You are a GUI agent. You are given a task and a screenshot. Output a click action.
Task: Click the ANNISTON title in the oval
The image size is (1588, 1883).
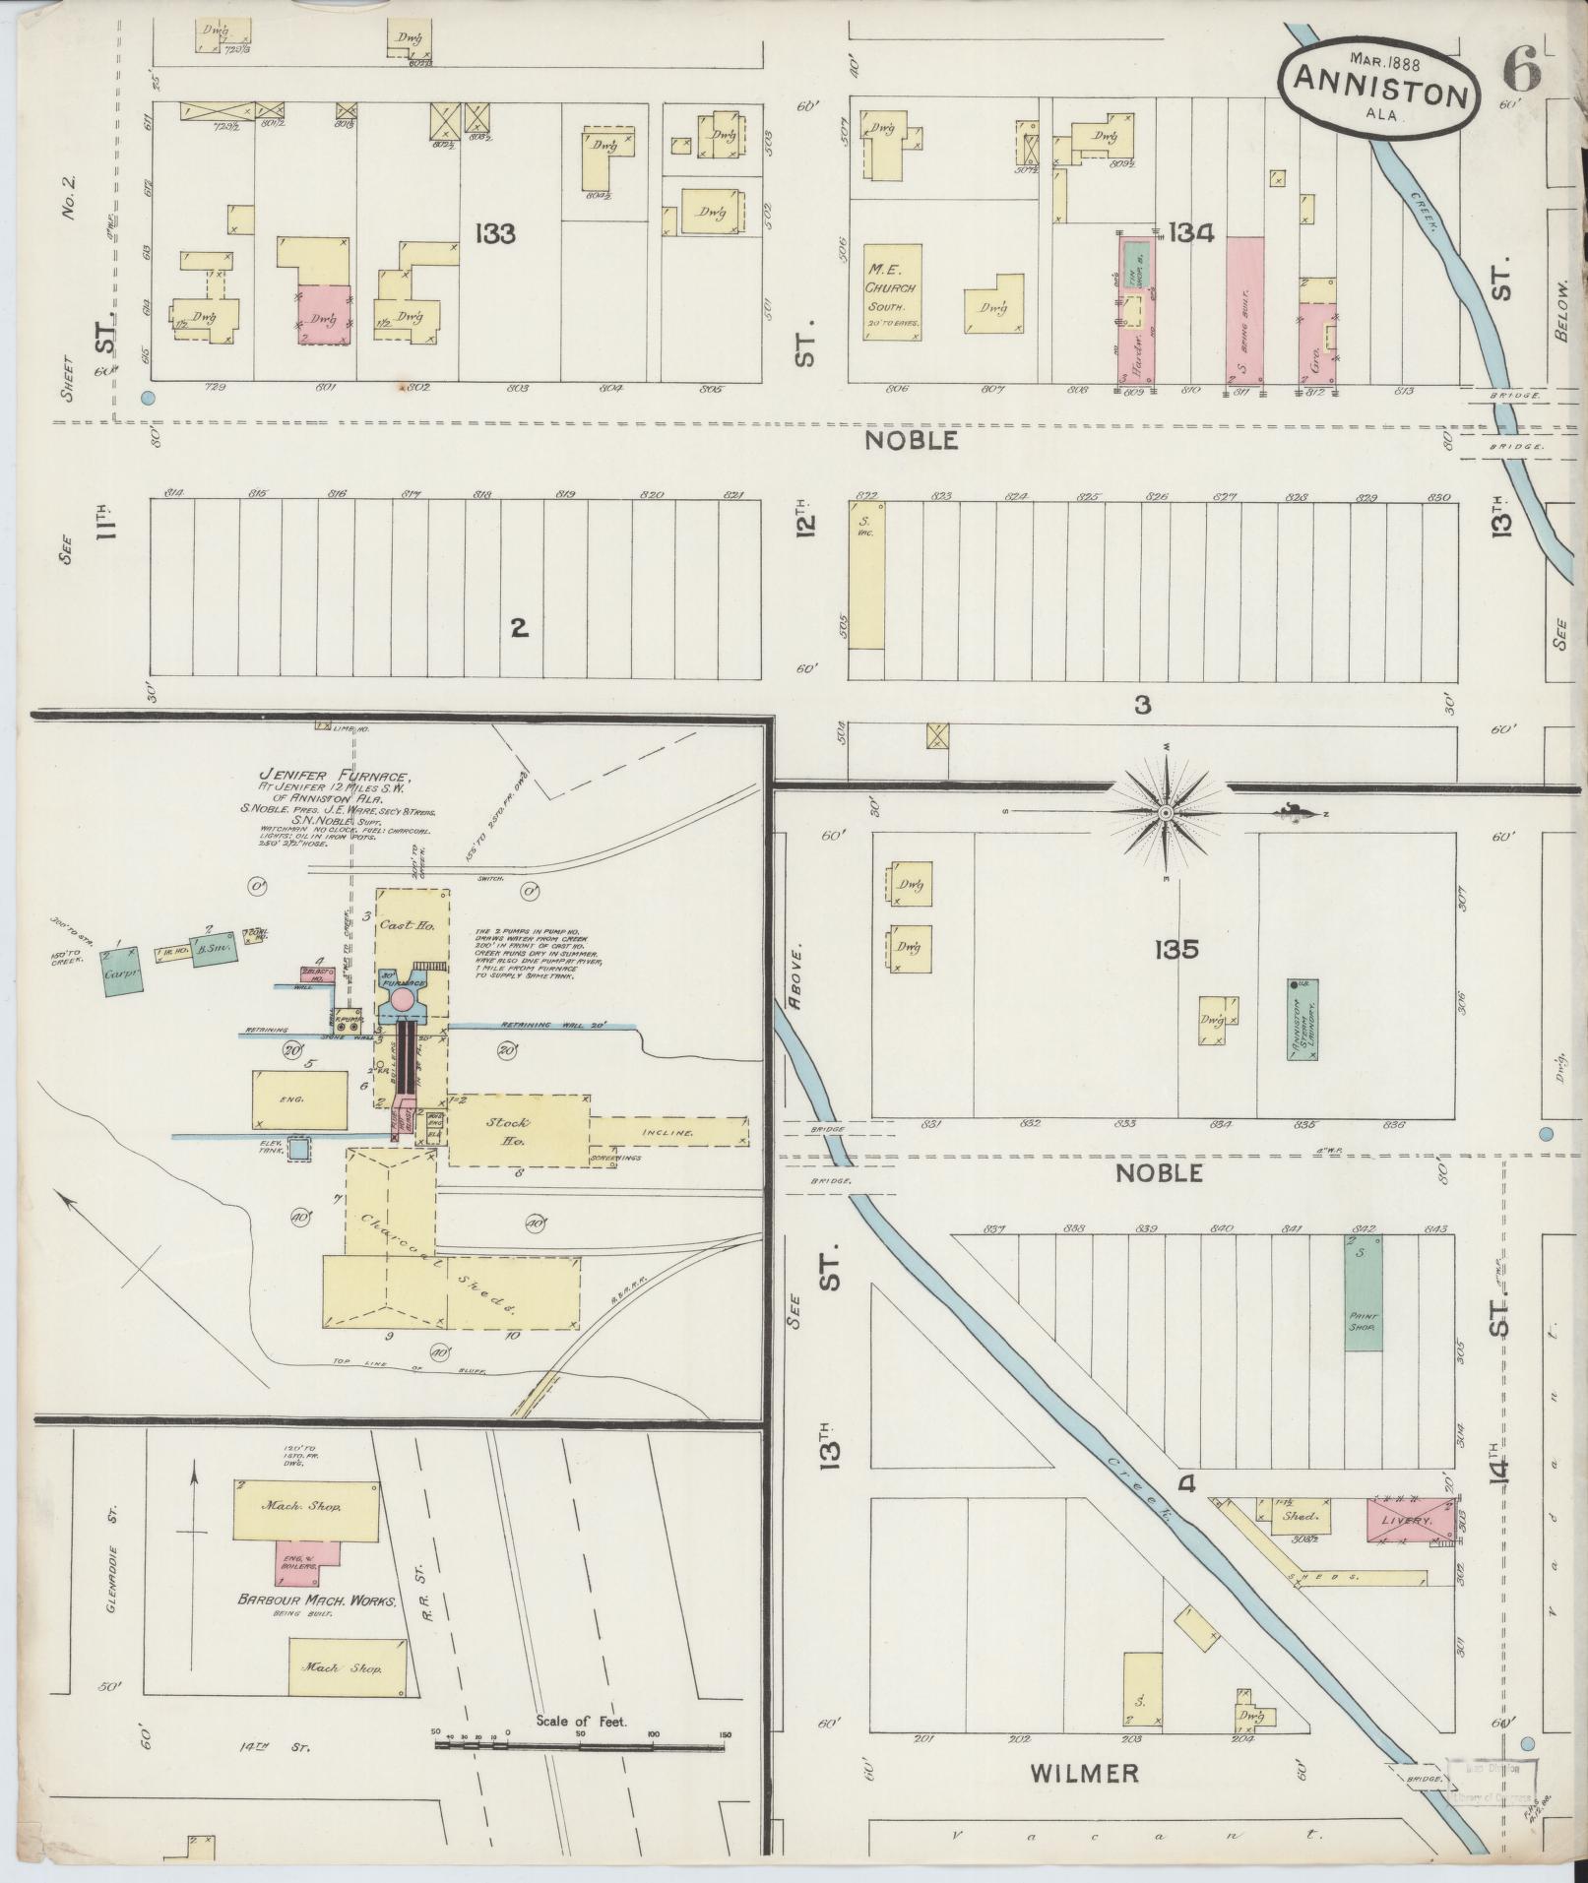click(1379, 93)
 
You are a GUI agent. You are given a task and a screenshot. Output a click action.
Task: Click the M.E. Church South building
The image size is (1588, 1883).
click(893, 293)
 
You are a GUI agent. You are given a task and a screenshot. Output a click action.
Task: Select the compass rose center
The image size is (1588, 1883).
click(1166, 813)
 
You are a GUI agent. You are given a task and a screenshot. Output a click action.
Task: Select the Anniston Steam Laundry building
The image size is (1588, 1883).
click(1304, 1019)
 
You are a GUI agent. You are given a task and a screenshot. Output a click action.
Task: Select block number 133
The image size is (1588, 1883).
click(495, 234)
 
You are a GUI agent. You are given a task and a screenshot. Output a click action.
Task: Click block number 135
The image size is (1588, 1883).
click(1177, 950)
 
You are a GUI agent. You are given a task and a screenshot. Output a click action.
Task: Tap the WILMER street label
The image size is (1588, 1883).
click(1084, 1774)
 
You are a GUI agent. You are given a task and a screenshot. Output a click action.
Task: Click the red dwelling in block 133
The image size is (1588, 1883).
click(324, 314)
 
